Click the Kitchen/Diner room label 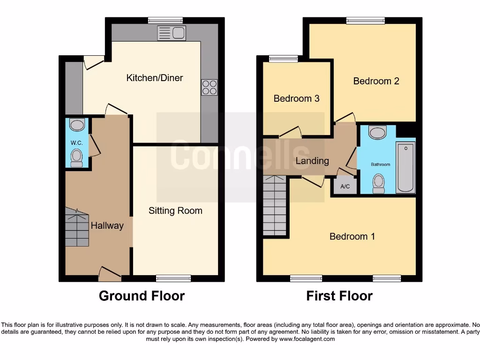(155, 78)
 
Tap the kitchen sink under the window (172, 33)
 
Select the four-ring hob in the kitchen (210, 87)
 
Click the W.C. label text (77, 142)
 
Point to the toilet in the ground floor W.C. (76, 158)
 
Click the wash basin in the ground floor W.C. (76, 125)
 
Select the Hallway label (107, 225)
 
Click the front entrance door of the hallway (109, 275)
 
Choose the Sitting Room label (175, 210)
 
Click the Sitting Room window (173, 278)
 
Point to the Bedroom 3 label (296, 98)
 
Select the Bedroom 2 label (376, 81)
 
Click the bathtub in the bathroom (406, 167)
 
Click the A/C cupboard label (345, 187)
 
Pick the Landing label (312, 161)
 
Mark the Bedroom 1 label (352, 236)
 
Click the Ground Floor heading (142, 296)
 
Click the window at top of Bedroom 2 (366, 20)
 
